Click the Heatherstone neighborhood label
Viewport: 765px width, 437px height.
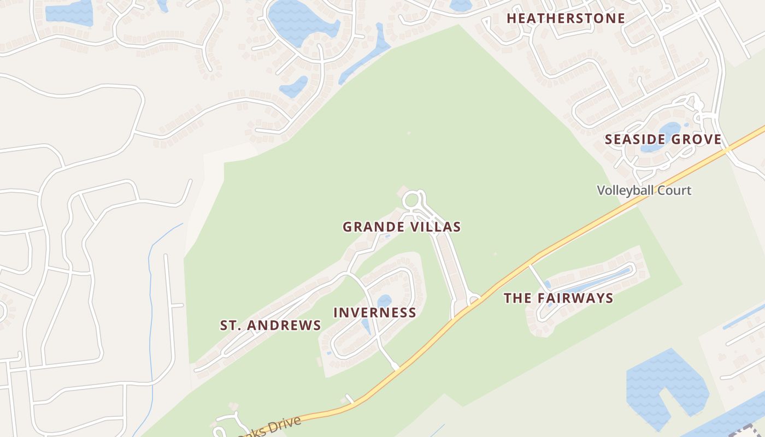point(566,18)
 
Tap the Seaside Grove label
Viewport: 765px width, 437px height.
point(663,139)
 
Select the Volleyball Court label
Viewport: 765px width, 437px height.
point(644,191)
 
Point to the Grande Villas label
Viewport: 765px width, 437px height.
point(402,227)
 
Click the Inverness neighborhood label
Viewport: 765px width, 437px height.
point(375,312)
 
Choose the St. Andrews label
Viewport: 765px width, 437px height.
point(270,326)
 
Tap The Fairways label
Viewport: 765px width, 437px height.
point(558,298)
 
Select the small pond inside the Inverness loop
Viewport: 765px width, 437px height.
point(384,301)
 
